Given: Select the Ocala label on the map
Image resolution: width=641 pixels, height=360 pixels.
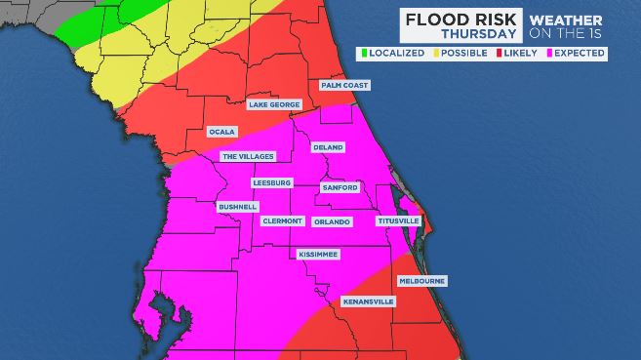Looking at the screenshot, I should [x=222, y=131].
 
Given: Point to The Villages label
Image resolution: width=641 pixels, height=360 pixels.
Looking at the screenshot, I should [x=248, y=156].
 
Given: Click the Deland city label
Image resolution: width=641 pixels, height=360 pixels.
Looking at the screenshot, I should [x=327, y=148].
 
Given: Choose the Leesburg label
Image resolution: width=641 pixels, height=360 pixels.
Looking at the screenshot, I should [x=272, y=182].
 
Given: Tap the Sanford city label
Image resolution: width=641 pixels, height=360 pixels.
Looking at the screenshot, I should [x=340, y=187].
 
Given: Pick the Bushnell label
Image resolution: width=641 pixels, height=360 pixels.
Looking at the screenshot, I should [x=237, y=207].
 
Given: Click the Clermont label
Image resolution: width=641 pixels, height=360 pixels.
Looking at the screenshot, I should [x=283, y=221].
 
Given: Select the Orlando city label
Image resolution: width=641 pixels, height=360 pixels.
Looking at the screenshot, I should [x=332, y=221].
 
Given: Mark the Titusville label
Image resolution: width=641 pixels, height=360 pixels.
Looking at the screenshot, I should [x=398, y=221].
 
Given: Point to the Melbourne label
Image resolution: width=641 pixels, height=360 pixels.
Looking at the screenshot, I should [x=422, y=281].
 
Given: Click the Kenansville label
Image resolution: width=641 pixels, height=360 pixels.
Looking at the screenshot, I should [x=369, y=302].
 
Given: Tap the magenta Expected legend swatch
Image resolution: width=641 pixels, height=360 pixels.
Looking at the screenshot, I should [x=549, y=52].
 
